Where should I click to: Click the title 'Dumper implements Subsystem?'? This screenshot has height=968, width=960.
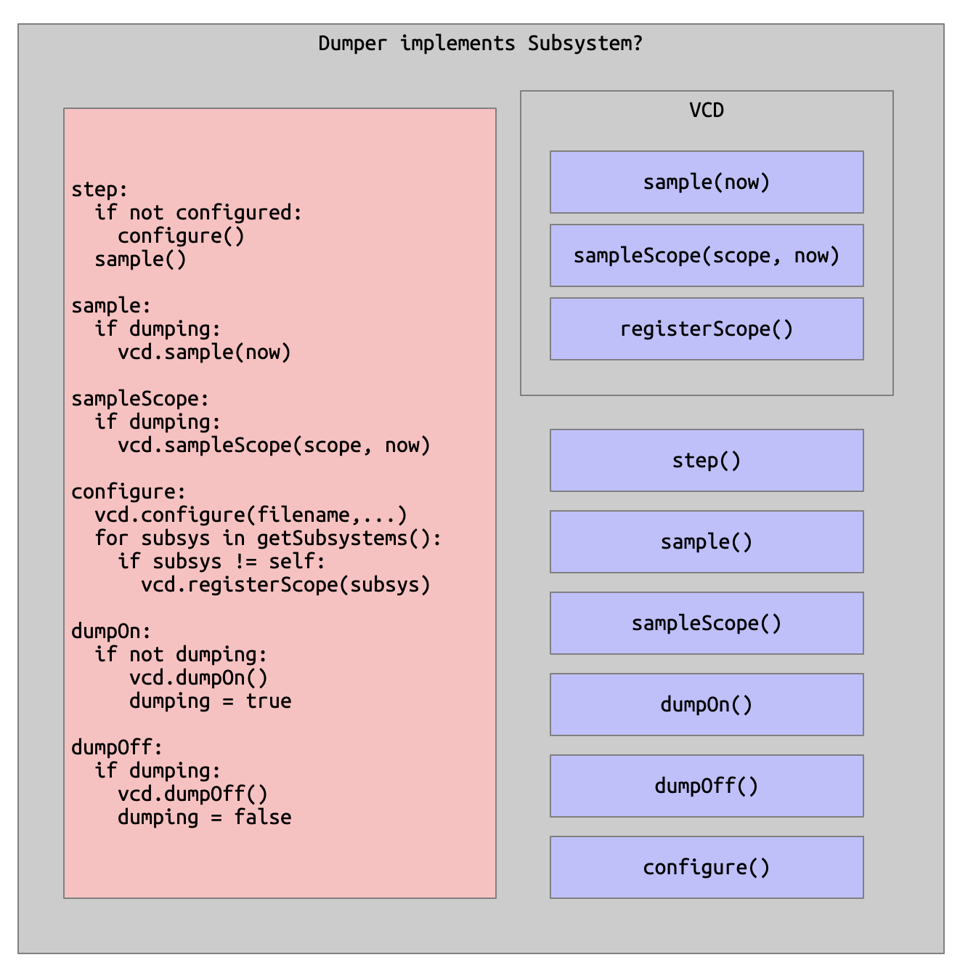[x=480, y=43]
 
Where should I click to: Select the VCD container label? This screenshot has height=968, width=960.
[x=706, y=110]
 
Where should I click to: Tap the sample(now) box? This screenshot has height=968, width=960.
[x=706, y=182]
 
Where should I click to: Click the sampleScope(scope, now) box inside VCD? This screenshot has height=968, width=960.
[x=706, y=255]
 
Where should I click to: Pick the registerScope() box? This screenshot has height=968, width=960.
[x=706, y=328]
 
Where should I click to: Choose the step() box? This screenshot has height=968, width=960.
[x=706, y=460]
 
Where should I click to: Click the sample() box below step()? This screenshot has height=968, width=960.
[x=706, y=541]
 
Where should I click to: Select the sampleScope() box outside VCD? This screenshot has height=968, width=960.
[x=706, y=623]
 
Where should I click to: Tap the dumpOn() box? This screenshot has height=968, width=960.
[x=706, y=704]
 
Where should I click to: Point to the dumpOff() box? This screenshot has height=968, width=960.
[x=706, y=786]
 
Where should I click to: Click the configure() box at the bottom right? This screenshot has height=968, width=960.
[x=706, y=867]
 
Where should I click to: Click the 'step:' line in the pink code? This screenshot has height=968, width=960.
[x=99, y=189]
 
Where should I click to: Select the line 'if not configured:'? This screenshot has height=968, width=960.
[x=198, y=212]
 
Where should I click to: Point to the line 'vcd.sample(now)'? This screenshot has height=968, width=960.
[x=204, y=352]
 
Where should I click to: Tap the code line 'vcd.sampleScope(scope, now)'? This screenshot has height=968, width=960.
[x=274, y=445]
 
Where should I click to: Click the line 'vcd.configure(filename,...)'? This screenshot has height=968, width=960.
[x=251, y=515]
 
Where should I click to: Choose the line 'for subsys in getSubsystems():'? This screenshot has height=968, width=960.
[x=268, y=538]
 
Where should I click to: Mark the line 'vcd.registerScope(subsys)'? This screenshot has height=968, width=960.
[x=285, y=584]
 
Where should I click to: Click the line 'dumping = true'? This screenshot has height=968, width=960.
[x=210, y=701]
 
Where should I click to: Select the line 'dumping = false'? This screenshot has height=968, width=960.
[x=204, y=817]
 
